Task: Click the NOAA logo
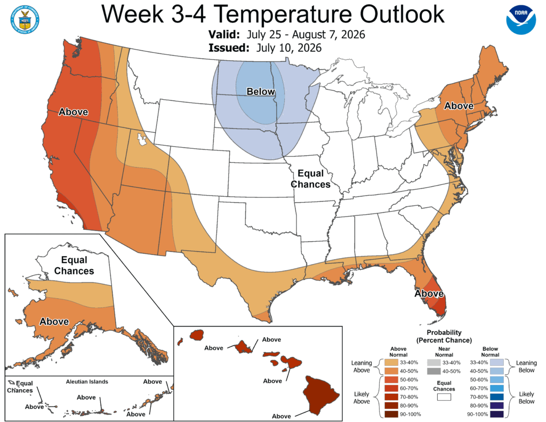coord(521,20)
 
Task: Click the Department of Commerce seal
coord(25,20)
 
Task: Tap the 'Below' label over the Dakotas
coord(261,92)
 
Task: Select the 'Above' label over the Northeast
coord(459,106)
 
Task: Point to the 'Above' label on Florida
coord(429,294)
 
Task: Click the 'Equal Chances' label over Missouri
coord(311,179)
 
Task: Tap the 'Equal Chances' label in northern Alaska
coord(74,265)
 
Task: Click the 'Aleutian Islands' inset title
coord(87,381)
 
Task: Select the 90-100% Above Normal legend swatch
coord(391,415)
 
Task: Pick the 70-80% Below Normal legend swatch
coord(496,397)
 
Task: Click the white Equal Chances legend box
coord(444,397)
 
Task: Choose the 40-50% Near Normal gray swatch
coord(434,371)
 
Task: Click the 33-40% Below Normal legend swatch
coord(496,362)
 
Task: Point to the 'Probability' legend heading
coord(444,332)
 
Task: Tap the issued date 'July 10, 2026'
coord(288,47)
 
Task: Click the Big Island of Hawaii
coord(321,395)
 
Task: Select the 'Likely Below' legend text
coord(526,397)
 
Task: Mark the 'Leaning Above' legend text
coord(362,367)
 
